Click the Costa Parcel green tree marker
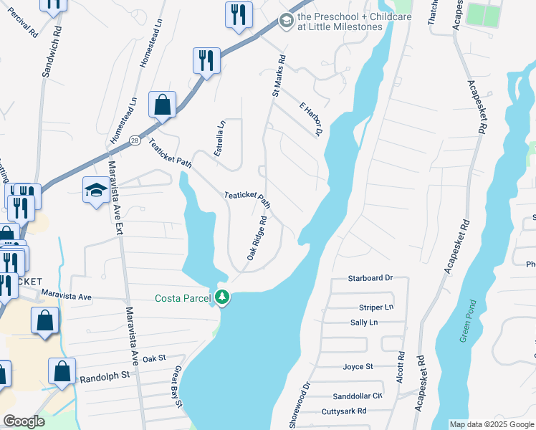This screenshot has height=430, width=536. pyautogui.click(x=223, y=297)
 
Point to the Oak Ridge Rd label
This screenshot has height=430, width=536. pyautogui.click(x=257, y=239)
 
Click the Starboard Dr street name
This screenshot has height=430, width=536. pyautogui.click(x=370, y=277)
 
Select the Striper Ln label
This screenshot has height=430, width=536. pyautogui.click(x=377, y=307)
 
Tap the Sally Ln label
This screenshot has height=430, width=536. pyautogui.click(x=364, y=322)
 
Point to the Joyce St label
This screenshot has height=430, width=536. pyautogui.click(x=358, y=366)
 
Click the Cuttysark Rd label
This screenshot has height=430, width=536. pyautogui.click(x=344, y=411)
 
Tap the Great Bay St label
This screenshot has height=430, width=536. pyautogui.click(x=176, y=386)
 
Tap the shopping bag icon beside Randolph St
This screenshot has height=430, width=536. pyautogui.click(x=62, y=372)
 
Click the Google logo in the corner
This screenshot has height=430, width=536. pyautogui.click(x=24, y=421)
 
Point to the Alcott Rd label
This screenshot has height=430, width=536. pyautogui.click(x=401, y=370)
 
